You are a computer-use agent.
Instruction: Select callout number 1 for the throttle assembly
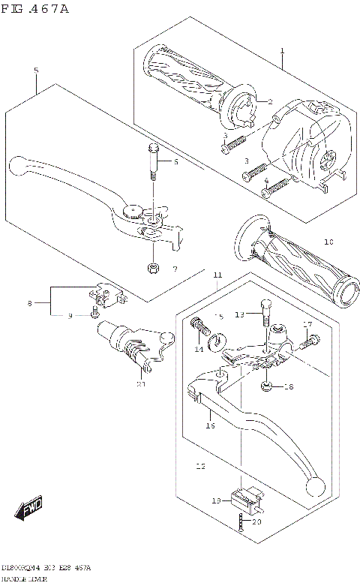[282, 51]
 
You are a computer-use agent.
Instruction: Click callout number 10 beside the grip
[328, 242]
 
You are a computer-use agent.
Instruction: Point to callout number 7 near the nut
[174, 269]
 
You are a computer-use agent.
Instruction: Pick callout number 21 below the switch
[140, 384]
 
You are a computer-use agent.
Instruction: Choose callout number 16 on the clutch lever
[211, 425]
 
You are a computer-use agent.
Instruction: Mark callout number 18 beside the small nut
[289, 387]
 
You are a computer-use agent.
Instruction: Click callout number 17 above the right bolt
[307, 324]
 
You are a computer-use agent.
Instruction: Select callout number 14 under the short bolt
[199, 350]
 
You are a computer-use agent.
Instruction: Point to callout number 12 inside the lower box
[199, 466]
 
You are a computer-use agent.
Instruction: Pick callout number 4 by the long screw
[266, 181]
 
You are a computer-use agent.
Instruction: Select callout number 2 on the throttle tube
[271, 102]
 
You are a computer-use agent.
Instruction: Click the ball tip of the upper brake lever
[19, 163]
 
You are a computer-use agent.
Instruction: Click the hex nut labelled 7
[152, 268]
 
